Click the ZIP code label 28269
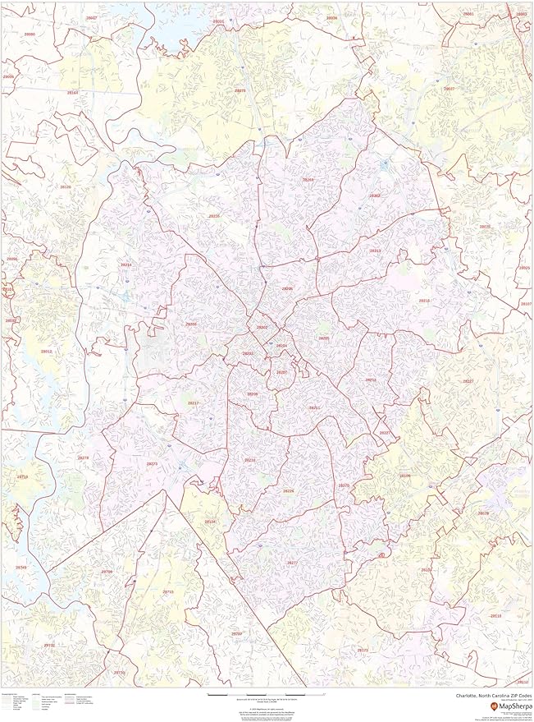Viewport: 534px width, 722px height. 308,179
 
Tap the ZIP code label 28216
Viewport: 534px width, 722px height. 214,216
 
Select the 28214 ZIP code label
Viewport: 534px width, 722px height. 126,264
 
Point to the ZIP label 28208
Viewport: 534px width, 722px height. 191,324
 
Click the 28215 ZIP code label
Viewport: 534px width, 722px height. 375,251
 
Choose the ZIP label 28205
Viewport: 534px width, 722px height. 324,338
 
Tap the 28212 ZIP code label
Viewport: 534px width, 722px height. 371,379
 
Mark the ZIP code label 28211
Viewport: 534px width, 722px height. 314,407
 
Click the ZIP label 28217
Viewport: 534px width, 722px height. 194,402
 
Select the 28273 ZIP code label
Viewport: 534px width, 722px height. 152,463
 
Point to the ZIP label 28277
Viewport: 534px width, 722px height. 292,562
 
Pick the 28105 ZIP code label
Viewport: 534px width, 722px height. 404,476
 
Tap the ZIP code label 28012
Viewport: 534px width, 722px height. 47,351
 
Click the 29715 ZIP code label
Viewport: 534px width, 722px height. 168,591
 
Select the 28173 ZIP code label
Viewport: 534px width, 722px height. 363,650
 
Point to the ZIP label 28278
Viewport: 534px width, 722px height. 83,458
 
